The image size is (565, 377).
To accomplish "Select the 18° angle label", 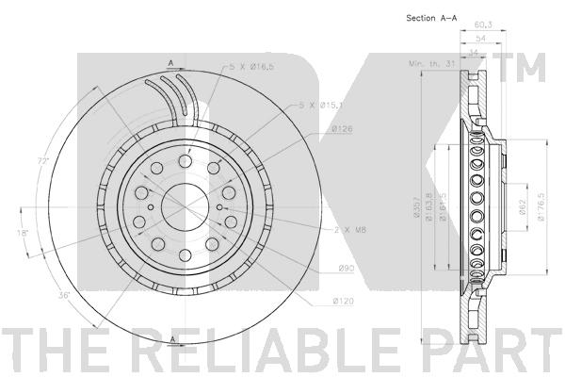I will click(x=22, y=231).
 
